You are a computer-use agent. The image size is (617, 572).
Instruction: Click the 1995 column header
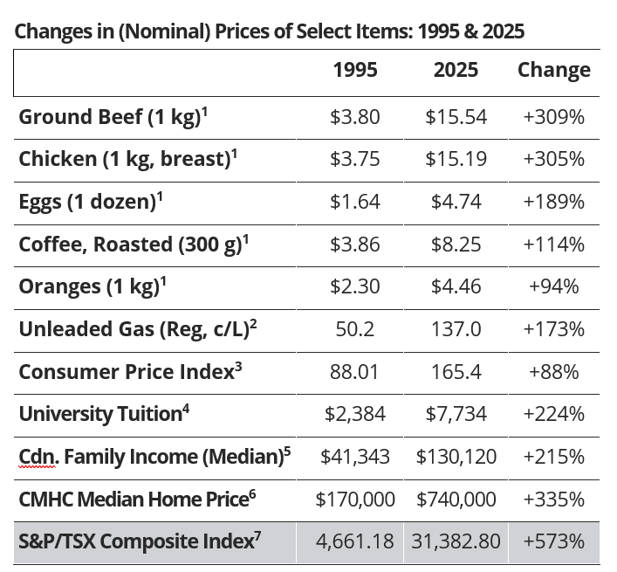(x=355, y=71)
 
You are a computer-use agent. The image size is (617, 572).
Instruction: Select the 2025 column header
(x=456, y=71)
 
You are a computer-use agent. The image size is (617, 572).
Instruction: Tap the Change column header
(x=553, y=71)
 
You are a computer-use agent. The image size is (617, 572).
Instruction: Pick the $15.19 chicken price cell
(x=456, y=160)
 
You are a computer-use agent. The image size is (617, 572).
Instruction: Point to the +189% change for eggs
(x=553, y=202)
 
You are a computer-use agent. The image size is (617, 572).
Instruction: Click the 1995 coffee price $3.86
(x=355, y=245)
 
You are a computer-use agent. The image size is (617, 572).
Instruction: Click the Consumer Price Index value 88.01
(x=355, y=372)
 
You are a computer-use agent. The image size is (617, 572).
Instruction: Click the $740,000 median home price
(x=456, y=500)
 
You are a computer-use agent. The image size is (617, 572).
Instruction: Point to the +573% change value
(x=553, y=541)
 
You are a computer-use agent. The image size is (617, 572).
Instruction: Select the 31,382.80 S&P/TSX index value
(x=456, y=541)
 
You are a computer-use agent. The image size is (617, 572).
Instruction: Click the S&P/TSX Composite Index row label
(x=140, y=541)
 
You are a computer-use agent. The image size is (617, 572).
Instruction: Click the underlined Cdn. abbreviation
(x=37, y=457)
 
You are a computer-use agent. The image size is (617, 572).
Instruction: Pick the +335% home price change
(x=553, y=500)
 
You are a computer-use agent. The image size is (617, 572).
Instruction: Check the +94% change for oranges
(x=553, y=287)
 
